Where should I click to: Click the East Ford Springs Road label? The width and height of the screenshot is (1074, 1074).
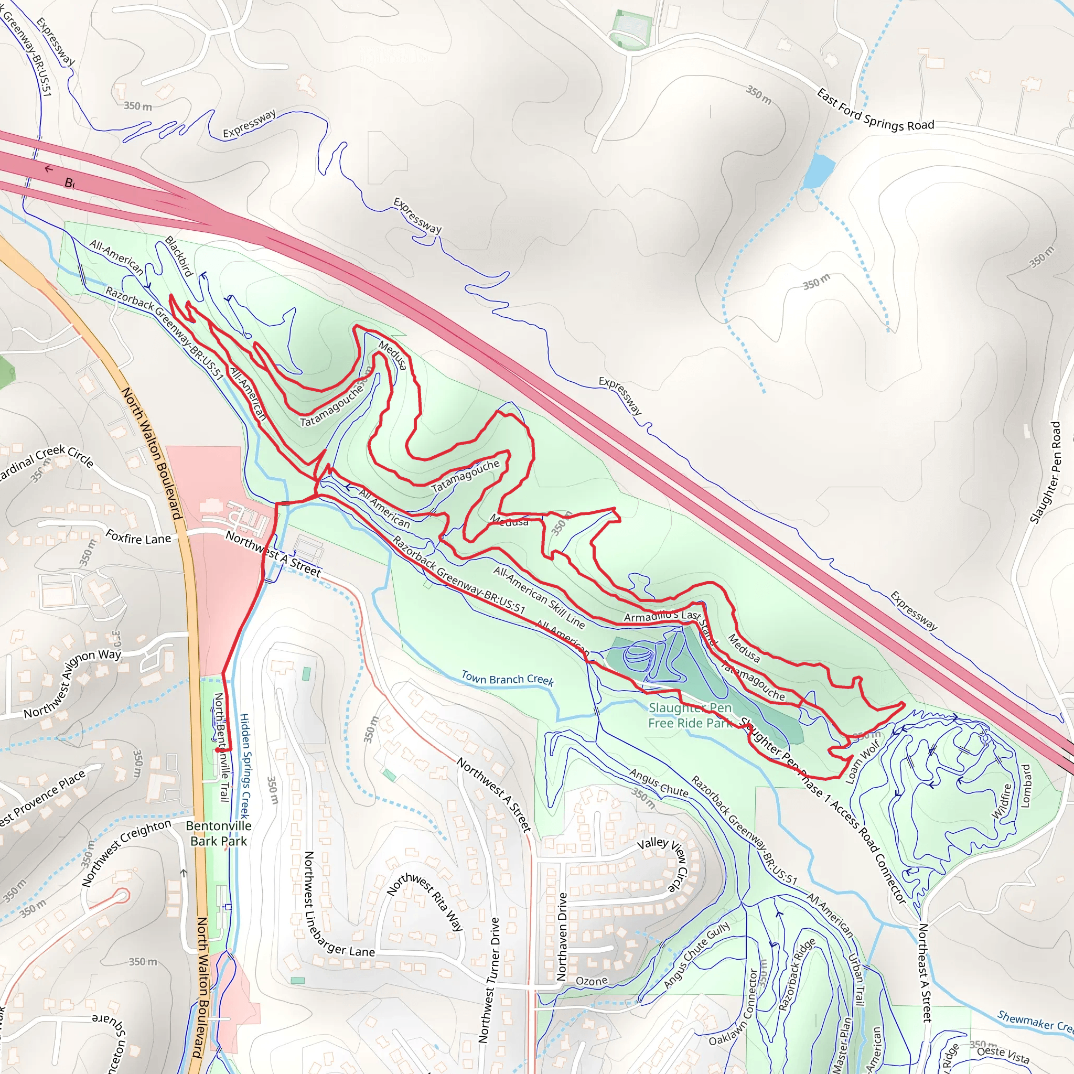click(875, 110)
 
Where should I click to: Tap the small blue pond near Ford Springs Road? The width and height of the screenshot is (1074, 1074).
click(818, 170)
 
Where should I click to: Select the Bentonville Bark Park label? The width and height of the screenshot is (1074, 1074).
click(219, 833)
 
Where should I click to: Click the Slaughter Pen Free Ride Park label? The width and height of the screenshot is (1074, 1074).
click(690, 715)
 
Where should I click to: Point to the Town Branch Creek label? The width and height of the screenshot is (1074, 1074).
click(508, 679)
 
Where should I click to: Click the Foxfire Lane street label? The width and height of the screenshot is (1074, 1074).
click(138, 538)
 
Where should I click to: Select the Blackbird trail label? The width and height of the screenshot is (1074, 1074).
click(179, 256)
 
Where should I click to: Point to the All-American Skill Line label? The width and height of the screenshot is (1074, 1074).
click(539, 597)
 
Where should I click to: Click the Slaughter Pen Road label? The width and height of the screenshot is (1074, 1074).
click(1045, 472)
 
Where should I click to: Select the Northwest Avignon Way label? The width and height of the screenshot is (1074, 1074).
click(72, 683)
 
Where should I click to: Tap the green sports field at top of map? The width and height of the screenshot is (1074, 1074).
click(631, 28)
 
